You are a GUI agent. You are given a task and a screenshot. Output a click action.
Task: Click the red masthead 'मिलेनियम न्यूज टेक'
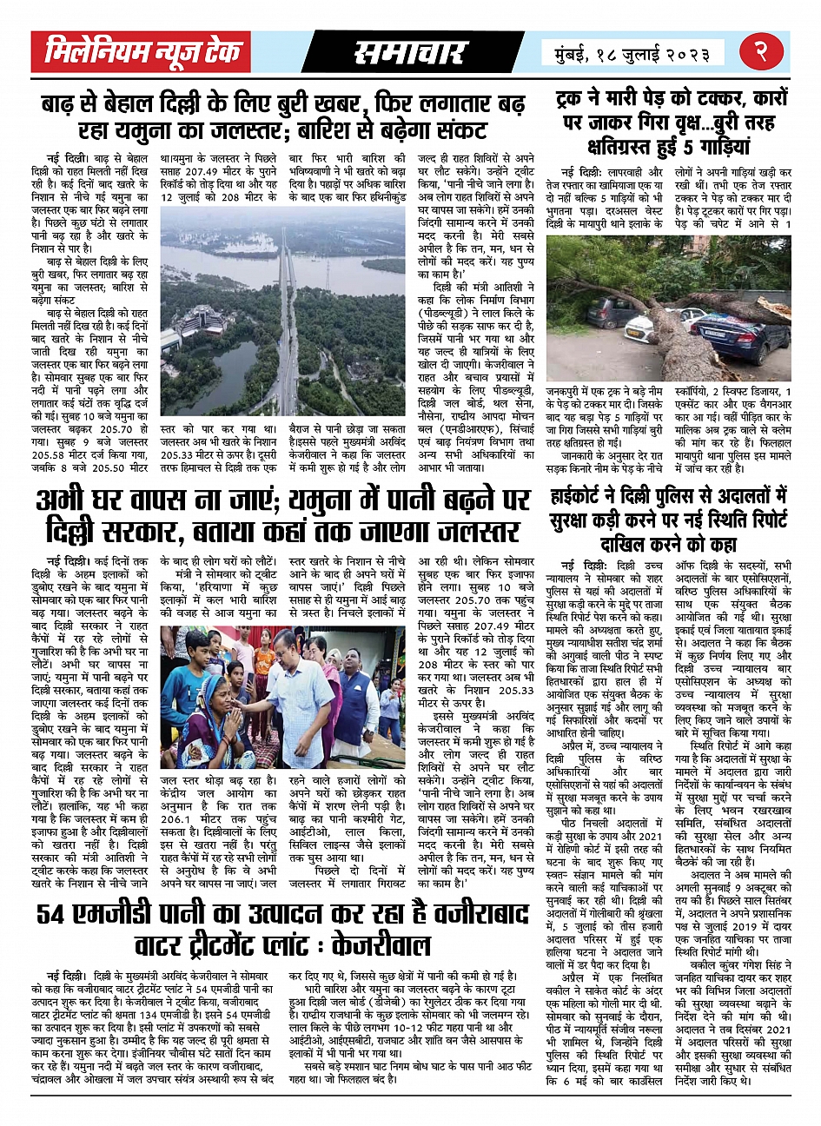[x=142, y=53]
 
